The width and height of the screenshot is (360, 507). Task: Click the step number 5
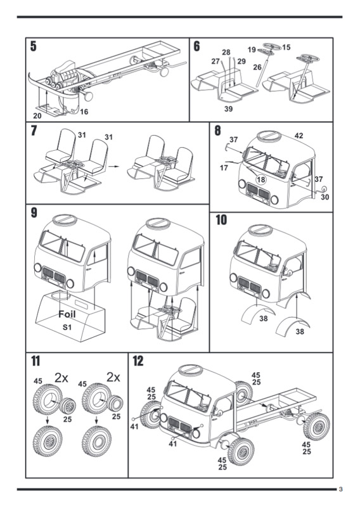34,46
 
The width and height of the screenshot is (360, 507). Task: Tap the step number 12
138,361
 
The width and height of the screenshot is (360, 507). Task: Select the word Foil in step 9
67,314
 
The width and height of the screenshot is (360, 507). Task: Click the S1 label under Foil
67,327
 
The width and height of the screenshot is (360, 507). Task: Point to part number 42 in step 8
299,136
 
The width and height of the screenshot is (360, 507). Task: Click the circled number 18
261,179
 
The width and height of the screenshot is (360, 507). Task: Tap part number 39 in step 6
229,109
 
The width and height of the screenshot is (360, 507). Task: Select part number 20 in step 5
37,115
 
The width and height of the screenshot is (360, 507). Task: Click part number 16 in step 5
84,112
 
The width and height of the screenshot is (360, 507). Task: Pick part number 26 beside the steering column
257,67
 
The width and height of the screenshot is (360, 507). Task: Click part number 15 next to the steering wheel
286,48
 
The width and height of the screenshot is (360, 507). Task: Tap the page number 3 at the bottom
340,489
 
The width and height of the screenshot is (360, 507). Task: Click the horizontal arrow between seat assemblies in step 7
113,166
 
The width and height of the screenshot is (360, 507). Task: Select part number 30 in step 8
325,197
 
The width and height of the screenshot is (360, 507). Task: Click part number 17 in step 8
224,168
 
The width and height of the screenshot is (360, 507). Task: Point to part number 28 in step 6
226,53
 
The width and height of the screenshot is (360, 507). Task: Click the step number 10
221,220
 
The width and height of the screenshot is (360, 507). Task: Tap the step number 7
34,131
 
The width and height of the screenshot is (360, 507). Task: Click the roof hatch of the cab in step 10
260,230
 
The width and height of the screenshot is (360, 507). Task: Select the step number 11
35,361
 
